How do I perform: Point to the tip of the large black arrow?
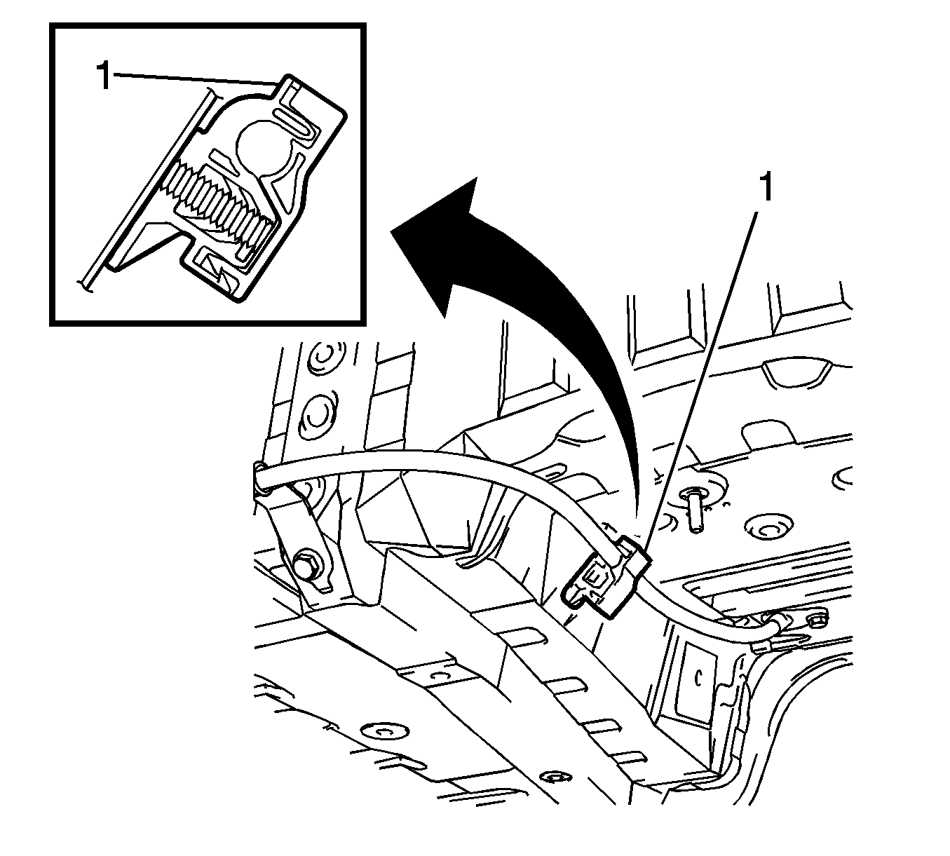(x=391, y=231)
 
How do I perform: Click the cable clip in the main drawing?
(x=609, y=577)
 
